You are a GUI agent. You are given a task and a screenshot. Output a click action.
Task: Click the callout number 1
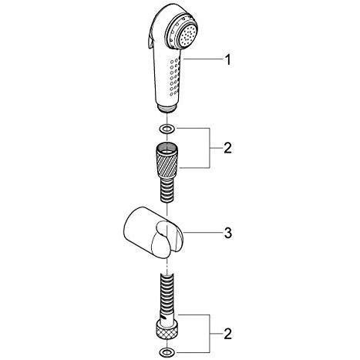tap(227, 59)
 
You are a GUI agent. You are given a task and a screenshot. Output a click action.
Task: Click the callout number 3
tap(228, 233)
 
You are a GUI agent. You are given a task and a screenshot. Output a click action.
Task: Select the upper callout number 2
tap(227, 148)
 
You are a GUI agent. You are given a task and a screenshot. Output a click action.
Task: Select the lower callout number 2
tap(227, 333)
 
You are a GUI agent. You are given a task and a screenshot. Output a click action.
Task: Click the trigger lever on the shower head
tap(149, 40)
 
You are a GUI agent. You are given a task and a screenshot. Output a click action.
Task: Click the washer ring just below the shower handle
tap(167, 129)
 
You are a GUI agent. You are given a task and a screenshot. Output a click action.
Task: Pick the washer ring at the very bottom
tap(167, 352)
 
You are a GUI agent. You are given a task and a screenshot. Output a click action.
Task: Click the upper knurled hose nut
tap(167, 160)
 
